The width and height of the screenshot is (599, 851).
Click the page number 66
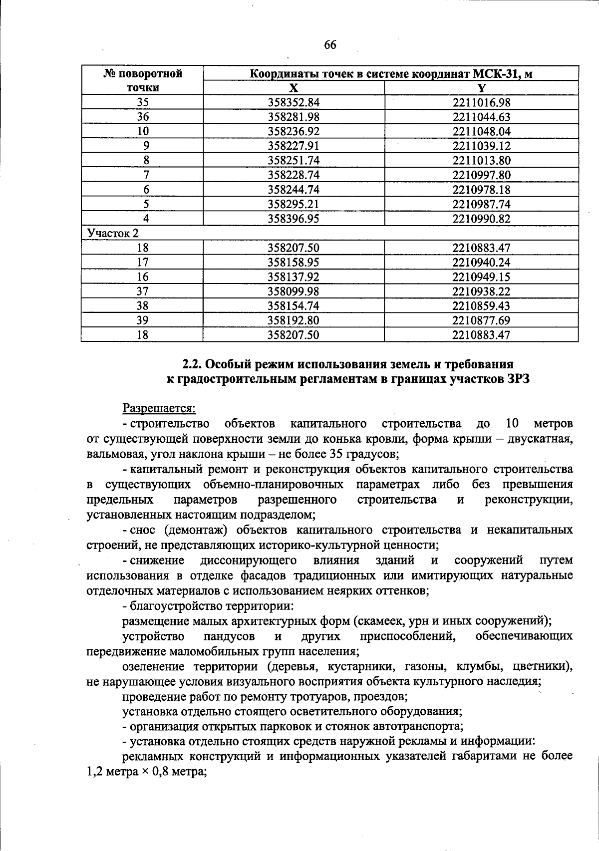[x=330, y=45]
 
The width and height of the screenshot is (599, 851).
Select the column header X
[x=294, y=88]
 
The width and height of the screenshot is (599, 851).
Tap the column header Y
[x=481, y=88]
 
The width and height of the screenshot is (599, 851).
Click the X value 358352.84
[x=294, y=103]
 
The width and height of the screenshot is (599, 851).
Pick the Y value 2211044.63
[x=481, y=117]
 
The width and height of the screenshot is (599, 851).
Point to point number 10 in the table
[x=143, y=132]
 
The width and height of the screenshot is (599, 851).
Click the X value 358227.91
[x=294, y=146]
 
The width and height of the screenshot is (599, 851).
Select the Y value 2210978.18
[x=481, y=190]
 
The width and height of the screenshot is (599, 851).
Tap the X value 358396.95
[x=294, y=219]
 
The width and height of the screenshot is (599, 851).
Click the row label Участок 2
[x=113, y=233]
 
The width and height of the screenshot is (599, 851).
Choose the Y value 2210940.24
[x=481, y=263]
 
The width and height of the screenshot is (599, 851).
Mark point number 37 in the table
[x=143, y=291]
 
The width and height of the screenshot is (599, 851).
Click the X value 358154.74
[x=294, y=306]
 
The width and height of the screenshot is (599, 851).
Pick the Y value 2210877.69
[x=481, y=320]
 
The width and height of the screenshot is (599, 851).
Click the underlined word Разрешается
[x=159, y=408]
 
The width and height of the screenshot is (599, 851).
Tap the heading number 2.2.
[x=191, y=364]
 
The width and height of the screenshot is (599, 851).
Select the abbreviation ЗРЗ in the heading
[x=516, y=379]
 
